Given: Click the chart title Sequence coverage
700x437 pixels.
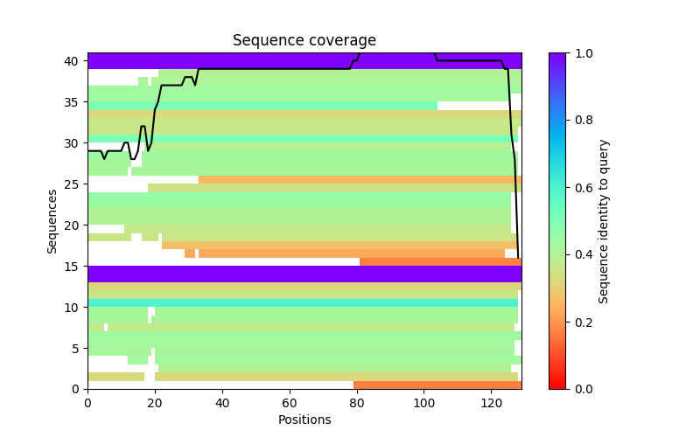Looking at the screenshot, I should pos(304,40).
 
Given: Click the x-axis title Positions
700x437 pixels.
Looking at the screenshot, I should pos(304,420).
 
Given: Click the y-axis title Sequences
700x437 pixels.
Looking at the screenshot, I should pos(52,221).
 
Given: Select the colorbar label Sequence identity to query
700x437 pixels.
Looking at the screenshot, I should pos(604,221).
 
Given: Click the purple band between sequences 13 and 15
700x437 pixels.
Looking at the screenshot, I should pos(304,274).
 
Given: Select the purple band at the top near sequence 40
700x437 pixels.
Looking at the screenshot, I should pos(304,60).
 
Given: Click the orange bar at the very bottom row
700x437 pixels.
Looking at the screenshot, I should pos(437,385).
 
